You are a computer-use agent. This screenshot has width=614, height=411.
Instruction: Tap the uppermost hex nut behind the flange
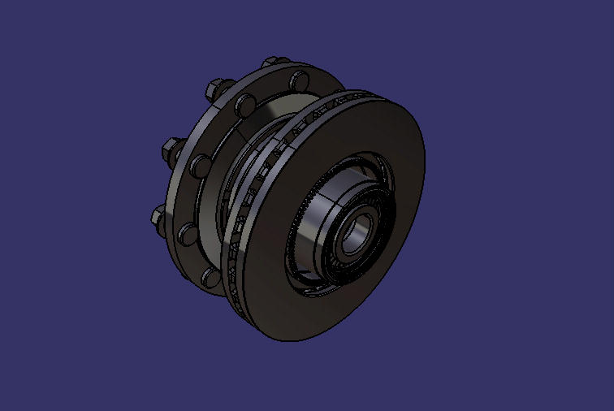click(270, 63)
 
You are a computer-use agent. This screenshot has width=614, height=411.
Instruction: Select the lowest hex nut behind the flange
click(159, 217)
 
